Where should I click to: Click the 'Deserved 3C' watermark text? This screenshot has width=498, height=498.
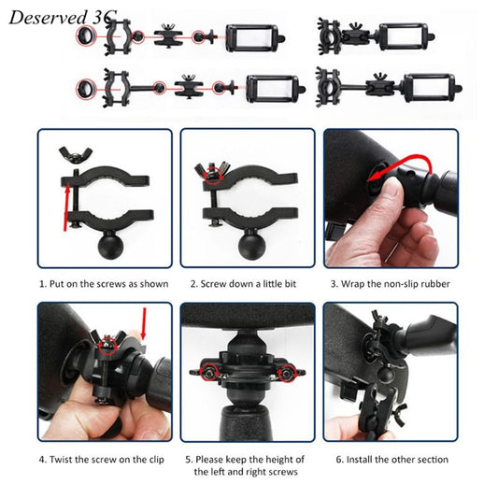coord(58,15)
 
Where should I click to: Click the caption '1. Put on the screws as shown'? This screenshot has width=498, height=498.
coord(104,282)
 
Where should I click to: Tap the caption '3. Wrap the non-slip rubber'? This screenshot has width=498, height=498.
coord(391,282)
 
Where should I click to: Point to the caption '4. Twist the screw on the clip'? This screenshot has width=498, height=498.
coord(104,459)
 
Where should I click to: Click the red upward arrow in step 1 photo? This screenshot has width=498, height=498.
coord(66,206)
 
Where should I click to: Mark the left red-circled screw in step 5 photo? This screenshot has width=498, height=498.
coord(210,373)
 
